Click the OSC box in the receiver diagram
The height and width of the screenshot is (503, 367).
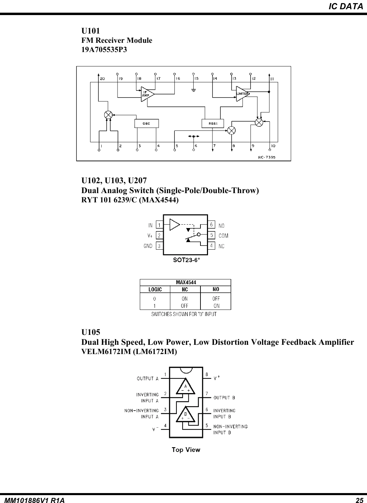146,123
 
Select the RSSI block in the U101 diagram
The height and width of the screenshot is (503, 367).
212,123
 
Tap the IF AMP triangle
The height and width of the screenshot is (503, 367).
147,93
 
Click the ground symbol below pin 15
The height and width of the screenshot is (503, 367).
194,90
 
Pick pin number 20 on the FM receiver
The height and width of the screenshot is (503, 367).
102,79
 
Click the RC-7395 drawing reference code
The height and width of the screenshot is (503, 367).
267,157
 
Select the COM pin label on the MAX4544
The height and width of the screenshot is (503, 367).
223,236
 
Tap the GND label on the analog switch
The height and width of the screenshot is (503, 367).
148,246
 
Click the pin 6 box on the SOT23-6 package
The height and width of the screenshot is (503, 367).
212,225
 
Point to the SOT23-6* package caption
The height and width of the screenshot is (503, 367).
186,260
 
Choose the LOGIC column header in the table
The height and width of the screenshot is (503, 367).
155,289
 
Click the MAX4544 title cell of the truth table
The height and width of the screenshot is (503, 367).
186,282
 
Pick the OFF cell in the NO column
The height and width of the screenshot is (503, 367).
216,299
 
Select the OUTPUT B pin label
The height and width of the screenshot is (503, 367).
224,398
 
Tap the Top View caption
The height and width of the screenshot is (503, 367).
186,450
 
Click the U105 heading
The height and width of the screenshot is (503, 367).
91,332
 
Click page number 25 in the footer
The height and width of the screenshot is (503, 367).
359,501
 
